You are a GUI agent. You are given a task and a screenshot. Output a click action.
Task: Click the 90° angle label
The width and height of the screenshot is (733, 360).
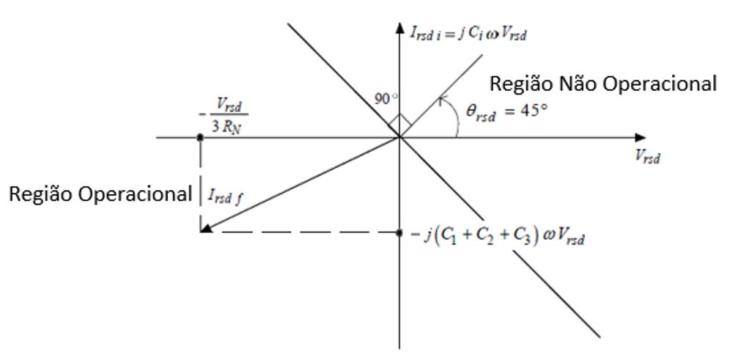[x=386, y=99]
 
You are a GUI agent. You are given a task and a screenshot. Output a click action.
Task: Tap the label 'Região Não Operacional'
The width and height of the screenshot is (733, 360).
[x=603, y=84]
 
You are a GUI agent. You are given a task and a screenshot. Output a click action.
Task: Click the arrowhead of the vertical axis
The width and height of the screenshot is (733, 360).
[x=399, y=29]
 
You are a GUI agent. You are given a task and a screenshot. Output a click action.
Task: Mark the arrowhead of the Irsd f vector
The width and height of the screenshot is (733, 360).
[x=206, y=229]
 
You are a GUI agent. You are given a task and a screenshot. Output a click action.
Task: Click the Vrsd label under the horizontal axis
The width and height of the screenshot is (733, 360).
[x=647, y=156]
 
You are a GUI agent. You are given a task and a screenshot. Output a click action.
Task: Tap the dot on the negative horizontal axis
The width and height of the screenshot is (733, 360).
[x=200, y=137]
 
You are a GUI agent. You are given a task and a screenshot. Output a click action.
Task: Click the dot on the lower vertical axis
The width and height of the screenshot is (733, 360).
[x=399, y=232]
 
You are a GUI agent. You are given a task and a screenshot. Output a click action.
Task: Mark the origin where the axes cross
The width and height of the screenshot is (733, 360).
[x=399, y=137]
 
